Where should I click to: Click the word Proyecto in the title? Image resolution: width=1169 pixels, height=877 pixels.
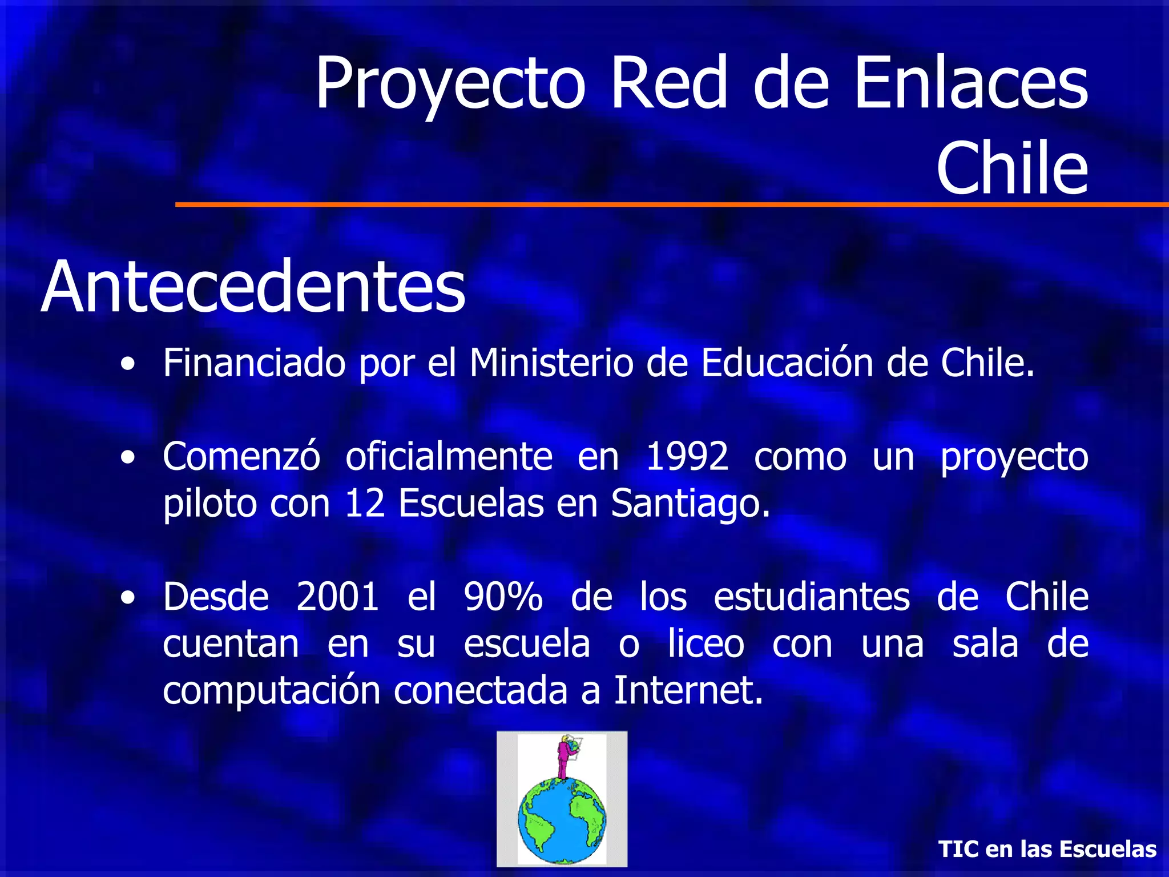tap(450, 85)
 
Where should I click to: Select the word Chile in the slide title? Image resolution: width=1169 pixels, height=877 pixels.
tap(1012, 168)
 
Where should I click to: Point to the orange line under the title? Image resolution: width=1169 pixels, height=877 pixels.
tap(671, 204)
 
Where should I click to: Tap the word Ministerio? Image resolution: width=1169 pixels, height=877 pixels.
tap(551, 363)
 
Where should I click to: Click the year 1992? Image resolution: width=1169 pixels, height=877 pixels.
tap(687, 456)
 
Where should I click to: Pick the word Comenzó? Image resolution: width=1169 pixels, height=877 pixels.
tap(241, 456)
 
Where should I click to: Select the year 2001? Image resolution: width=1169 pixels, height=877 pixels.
tap(337, 597)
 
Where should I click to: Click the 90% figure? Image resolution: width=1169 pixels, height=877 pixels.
tap(503, 597)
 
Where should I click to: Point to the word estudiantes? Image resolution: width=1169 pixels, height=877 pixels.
tap(812, 597)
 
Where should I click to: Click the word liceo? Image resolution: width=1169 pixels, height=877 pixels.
tap(706, 644)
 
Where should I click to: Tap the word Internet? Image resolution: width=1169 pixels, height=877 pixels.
tap(688, 691)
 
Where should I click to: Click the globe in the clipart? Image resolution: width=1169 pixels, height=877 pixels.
tap(562, 820)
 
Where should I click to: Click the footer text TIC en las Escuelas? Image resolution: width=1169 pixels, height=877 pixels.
tap(1047, 849)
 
